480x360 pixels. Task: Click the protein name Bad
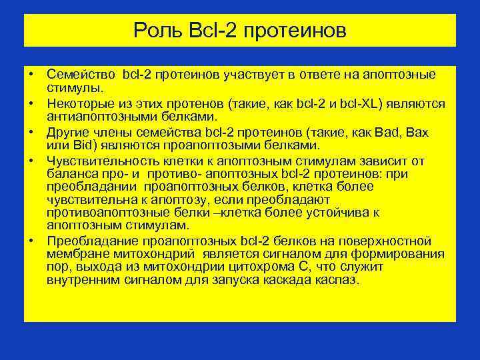click(x=387, y=133)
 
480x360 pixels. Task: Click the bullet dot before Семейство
click(x=31, y=73)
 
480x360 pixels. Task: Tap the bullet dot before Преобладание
click(x=31, y=241)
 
